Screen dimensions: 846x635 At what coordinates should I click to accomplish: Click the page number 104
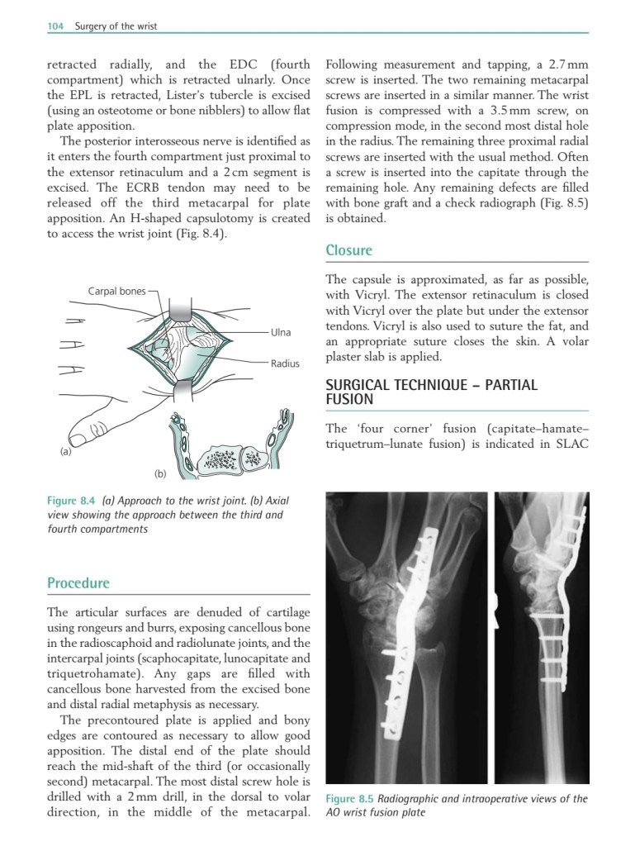coord(55,26)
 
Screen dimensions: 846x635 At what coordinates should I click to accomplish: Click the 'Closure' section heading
coord(348,250)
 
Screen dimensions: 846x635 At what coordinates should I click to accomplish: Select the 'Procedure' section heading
coord(78,583)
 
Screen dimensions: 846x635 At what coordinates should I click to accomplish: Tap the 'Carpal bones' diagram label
coord(116,291)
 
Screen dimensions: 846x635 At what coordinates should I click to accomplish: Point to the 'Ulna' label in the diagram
coord(281,332)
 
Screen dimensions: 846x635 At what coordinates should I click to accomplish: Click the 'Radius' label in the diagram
coord(285,363)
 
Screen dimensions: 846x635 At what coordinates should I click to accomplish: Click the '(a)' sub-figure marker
coord(65,452)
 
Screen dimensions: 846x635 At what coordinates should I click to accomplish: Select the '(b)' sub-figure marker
coord(160,473)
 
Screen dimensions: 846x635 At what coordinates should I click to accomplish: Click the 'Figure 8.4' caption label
coord(72,501)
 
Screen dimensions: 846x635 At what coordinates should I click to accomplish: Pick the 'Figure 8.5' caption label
coord(350,799)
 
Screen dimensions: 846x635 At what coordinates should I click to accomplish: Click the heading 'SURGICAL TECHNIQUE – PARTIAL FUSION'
coord(431,392)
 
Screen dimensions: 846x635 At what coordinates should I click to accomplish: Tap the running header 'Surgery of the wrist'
coord(116,26)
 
